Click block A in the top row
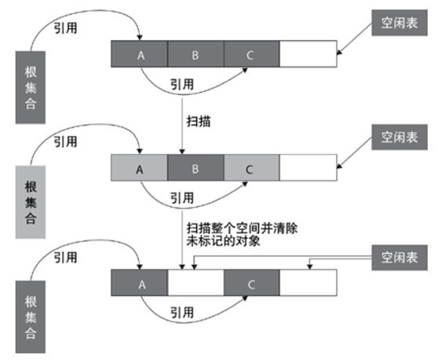[140, 54]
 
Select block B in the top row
[195, 54]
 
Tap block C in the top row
[250, 54]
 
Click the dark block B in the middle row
[195, 168]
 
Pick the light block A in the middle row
[140, 168]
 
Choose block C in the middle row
[250, 168]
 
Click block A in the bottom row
[140, 283]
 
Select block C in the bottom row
[250, 283]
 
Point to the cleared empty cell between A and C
[195, 283]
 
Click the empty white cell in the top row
[307, 54]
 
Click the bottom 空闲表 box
[398, 257]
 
